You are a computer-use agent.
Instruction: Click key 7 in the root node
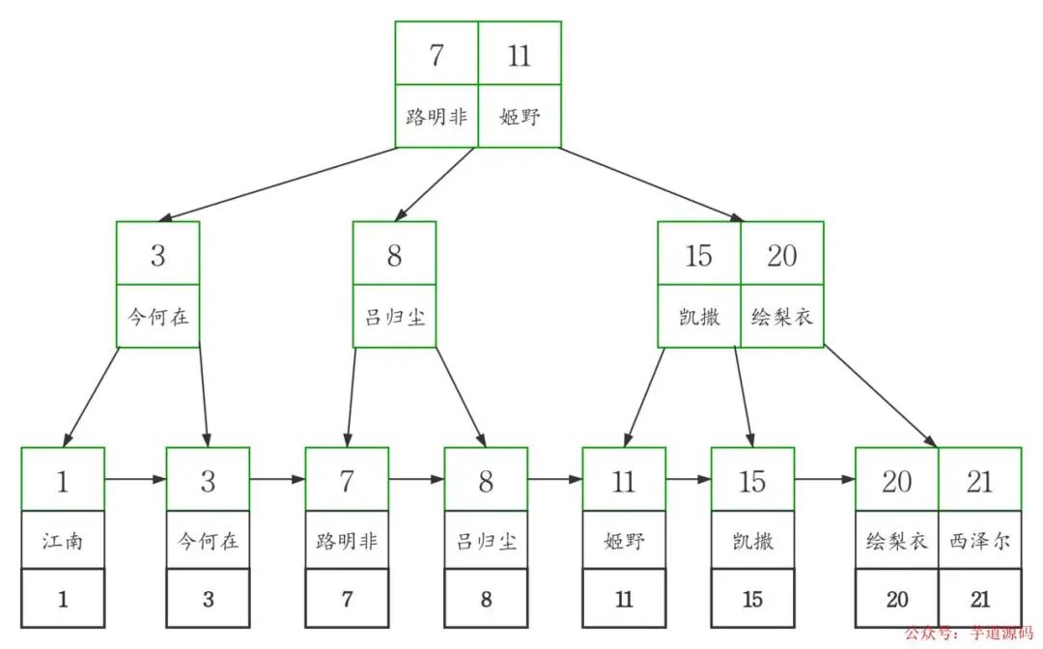(x=437, y=56)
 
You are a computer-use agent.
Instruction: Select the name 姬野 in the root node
(x=520, y=117)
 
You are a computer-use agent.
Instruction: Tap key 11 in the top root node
(x=520, y=56)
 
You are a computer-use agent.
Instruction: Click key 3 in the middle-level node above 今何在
(x=157, y=256)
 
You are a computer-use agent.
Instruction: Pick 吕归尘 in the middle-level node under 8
(x=394, y=316)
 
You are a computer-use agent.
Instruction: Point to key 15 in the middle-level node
(x=699, y=256)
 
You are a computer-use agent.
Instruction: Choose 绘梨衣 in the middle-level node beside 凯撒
(x=782, y=316)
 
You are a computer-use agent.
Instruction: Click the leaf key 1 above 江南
(x=63, y=480)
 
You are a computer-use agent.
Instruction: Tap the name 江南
(x=63, y=541)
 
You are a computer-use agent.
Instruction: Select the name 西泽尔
(x=980, y=541)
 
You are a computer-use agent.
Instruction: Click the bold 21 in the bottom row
(x=980, y=600)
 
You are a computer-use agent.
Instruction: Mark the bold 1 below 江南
(x=63, y=600)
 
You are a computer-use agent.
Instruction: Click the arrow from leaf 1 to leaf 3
(x=135, y=478)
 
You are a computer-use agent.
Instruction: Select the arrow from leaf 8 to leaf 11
(x=554, y=478)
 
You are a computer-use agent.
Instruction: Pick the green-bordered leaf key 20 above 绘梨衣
(x=897, y=480)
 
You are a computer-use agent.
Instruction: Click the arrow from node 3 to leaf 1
(x=93, y=396)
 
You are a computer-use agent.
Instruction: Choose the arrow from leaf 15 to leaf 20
(x=824, y=478)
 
